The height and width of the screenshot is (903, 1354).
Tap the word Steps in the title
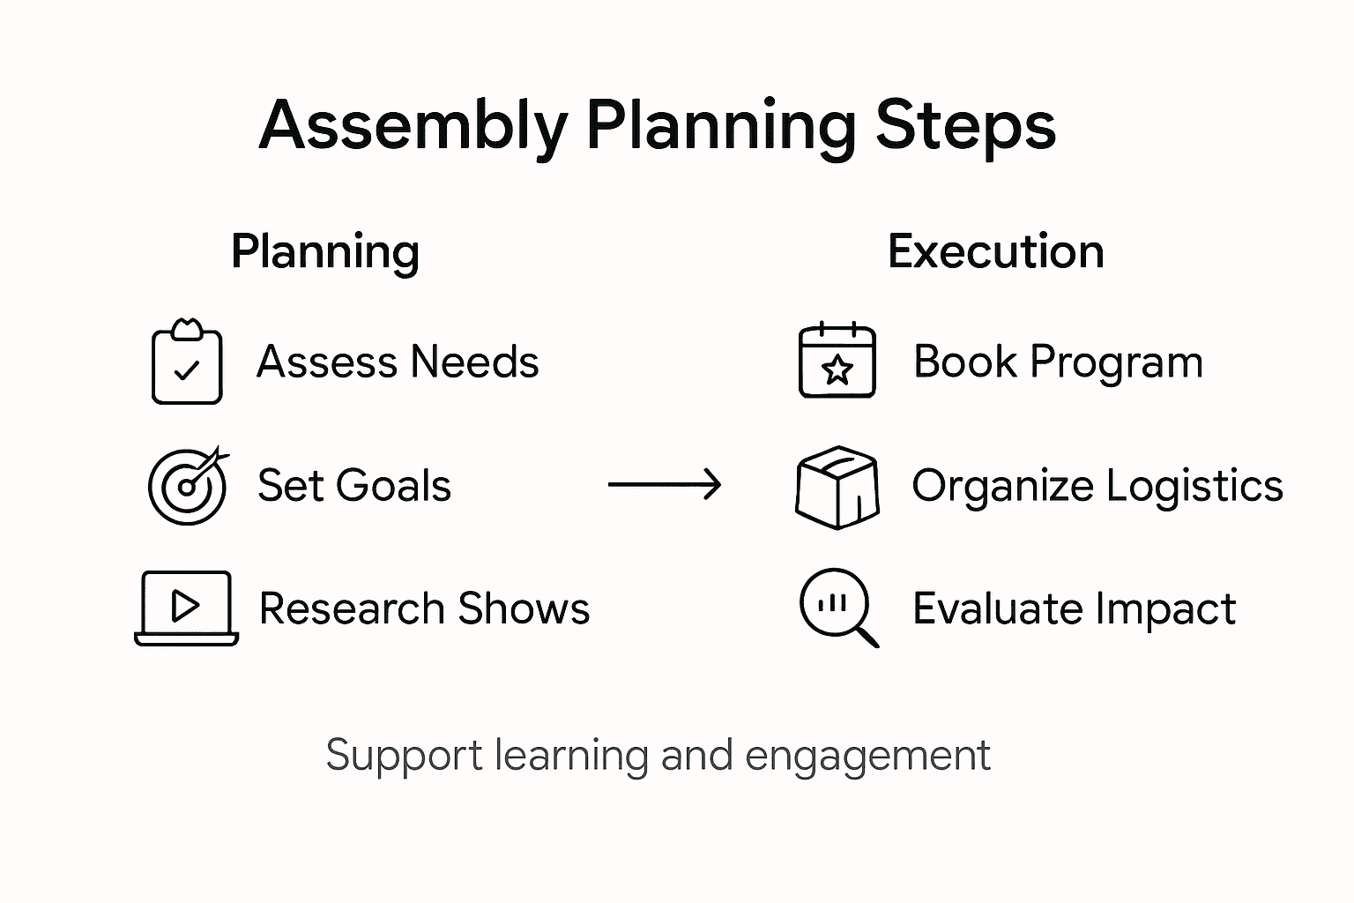point(965,126)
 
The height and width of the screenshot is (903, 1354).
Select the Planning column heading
point(324,252)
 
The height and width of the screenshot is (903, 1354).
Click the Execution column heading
point(995,252)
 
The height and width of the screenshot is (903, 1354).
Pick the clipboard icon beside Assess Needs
point(187,362)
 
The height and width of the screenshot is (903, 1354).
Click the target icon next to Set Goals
point(187,486)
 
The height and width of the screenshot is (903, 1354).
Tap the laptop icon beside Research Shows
point(186,608)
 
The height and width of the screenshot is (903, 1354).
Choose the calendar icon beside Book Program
point(837,361)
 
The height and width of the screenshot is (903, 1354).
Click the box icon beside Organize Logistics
point(837,487)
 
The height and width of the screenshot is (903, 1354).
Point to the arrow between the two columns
point(665,484)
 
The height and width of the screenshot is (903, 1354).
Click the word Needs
point(474,362)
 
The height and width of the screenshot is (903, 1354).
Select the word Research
point(351,608)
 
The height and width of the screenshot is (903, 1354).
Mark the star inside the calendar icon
point(837,370)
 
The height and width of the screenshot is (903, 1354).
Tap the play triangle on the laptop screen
point(185,605)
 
